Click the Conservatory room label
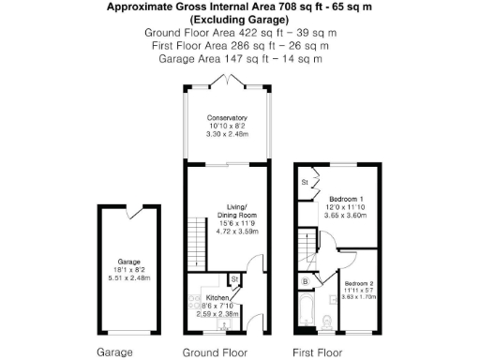tap(225, 117)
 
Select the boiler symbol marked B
tap(305, 280)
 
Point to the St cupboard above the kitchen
tap(236, 279)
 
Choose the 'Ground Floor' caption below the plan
tap(214, 353)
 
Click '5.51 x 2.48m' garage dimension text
tap(128, 277)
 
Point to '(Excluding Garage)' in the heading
tap(239, 19)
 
